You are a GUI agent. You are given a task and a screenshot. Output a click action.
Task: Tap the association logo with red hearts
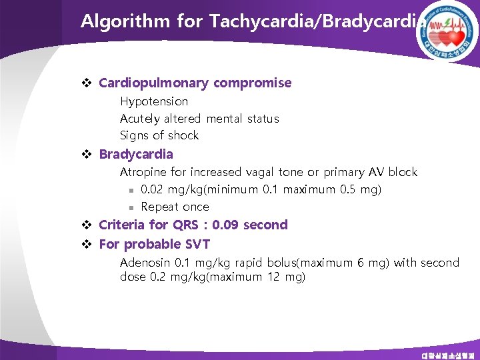tap(449, 30)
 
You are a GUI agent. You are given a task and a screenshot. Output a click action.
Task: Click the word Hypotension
tap(154, 102)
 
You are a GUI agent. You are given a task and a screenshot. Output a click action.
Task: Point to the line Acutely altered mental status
tap(199, 119)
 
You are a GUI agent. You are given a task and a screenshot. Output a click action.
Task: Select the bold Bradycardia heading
tap(136, 155)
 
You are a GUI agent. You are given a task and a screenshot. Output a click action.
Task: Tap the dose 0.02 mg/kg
tap(171, 189)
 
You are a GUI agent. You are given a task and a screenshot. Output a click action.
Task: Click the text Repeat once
tap(175, 207)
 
